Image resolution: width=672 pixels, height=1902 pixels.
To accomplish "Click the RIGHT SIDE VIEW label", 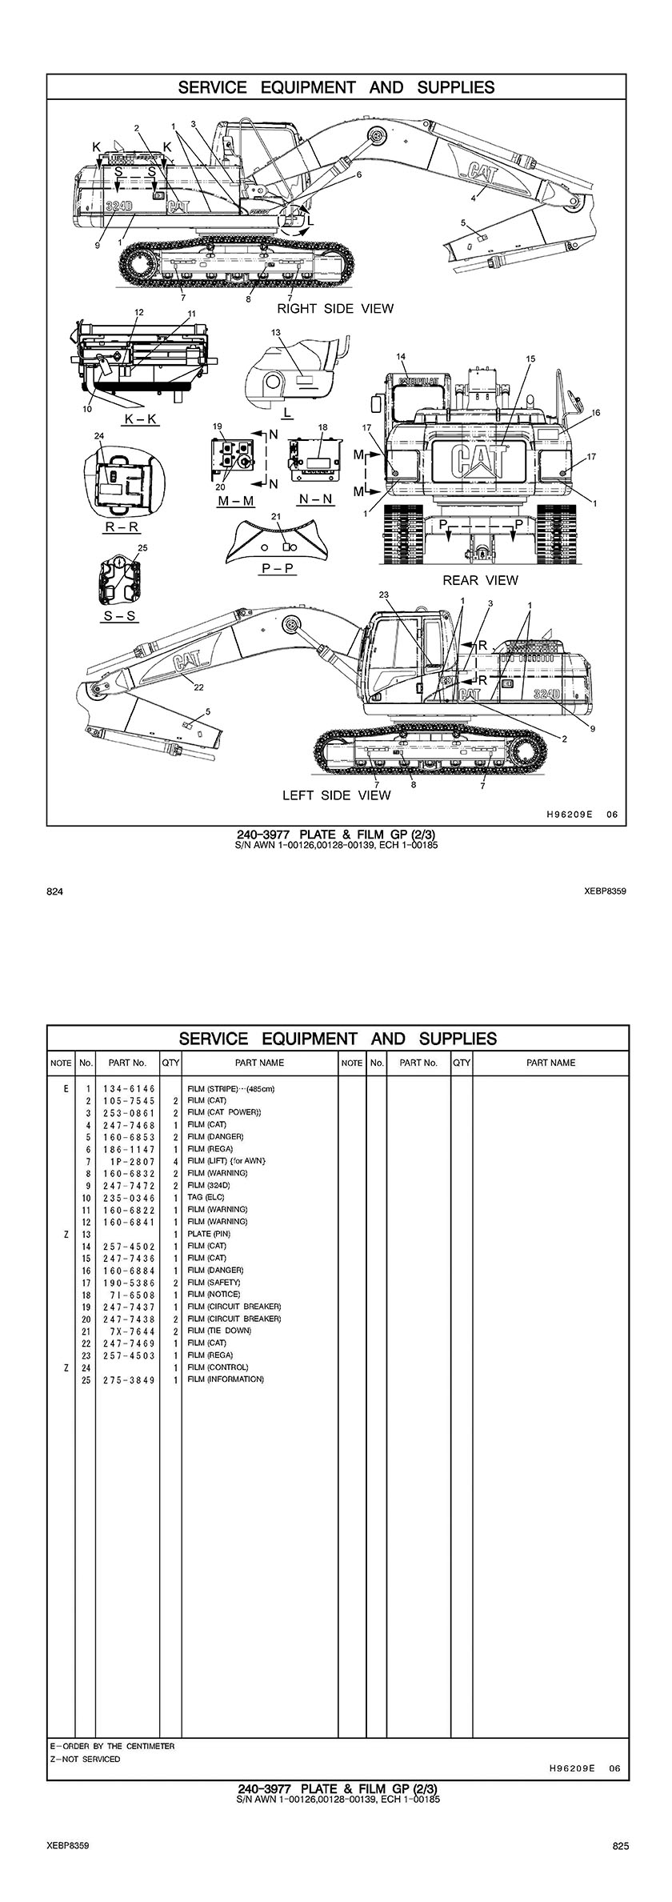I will point(335,308).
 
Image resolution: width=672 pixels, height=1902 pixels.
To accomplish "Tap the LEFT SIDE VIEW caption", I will point(336,795).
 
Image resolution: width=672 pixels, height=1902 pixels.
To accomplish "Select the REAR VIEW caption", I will point(480,580).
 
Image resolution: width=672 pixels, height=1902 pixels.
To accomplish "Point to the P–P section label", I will point(277,567).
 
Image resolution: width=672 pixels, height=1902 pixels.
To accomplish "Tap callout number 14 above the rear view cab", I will point(401,356).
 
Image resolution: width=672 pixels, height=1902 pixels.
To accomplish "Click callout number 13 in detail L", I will point(276,331).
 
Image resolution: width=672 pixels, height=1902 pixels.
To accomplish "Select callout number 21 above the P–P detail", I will point(276,516).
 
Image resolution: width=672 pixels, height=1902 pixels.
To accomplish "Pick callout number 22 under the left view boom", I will point(198,687).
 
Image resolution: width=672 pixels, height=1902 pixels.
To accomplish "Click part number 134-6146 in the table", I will point(128,1088).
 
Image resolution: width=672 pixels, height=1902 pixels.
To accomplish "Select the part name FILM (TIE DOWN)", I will point(219,1331).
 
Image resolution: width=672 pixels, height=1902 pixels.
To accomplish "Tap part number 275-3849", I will point(128,1379).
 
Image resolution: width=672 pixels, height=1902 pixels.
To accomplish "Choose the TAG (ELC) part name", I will point(206,1197).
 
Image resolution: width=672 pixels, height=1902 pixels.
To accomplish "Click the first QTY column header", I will point(170,1063).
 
